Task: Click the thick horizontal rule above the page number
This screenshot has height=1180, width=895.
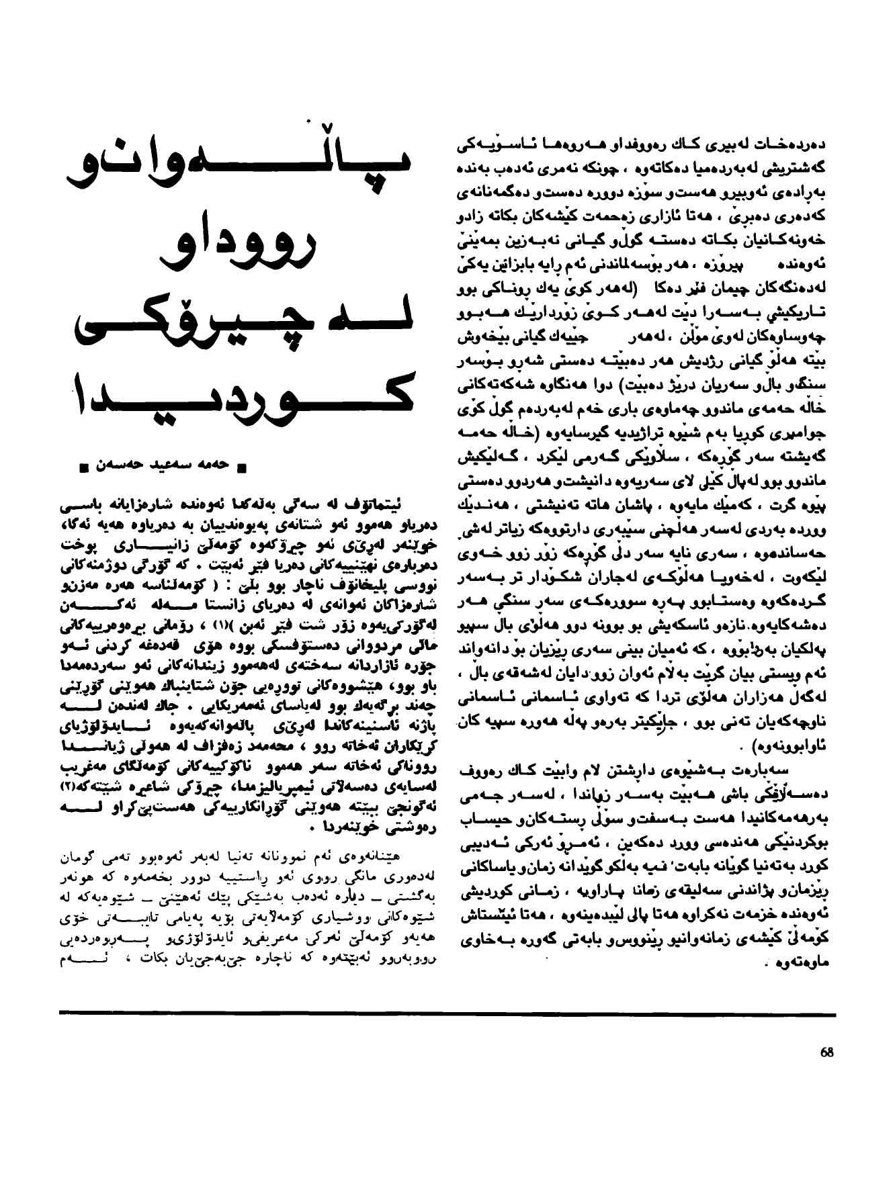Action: click(x=447, y=1012)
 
